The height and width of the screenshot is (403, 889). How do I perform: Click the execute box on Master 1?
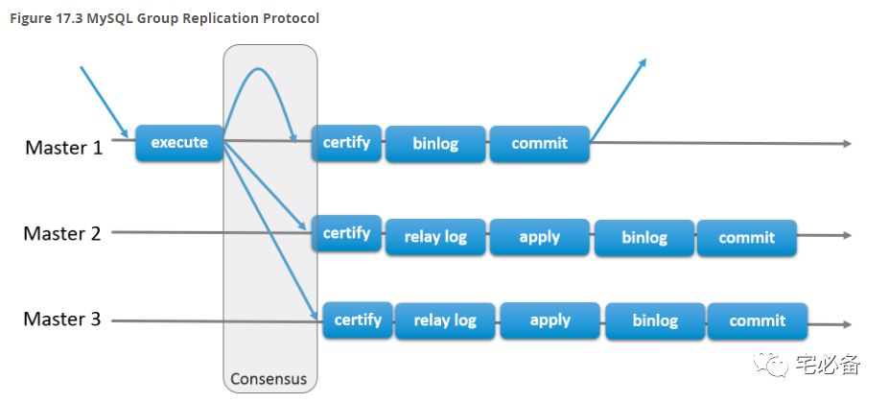point(179,142)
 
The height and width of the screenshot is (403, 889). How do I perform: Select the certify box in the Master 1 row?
point(346,142)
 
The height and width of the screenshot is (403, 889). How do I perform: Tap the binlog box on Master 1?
point(435,144)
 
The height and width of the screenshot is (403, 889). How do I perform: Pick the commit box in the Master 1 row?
point(540,144)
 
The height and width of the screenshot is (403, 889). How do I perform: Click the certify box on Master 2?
point(346,233)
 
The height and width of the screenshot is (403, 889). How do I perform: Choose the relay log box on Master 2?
point(435,237)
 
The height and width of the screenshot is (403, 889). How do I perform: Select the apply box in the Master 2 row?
point(540,237)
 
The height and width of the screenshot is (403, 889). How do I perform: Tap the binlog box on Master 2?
point(644,237)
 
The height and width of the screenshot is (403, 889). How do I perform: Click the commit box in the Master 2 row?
point(747,237)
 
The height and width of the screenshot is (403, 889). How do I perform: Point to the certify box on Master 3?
point(358,320)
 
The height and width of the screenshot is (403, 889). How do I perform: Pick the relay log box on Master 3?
point(445,321)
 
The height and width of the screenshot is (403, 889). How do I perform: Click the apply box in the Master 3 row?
point(550,320)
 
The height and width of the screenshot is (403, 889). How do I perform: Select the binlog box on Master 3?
point(655,321)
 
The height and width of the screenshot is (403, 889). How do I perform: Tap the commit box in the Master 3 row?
point(758,321)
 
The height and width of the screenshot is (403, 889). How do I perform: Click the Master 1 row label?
point(64,148)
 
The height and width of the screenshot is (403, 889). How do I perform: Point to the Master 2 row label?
point(62,233)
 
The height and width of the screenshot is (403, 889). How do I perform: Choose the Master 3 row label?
point(62,319)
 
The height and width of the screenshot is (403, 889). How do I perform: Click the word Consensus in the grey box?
point(269,379)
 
